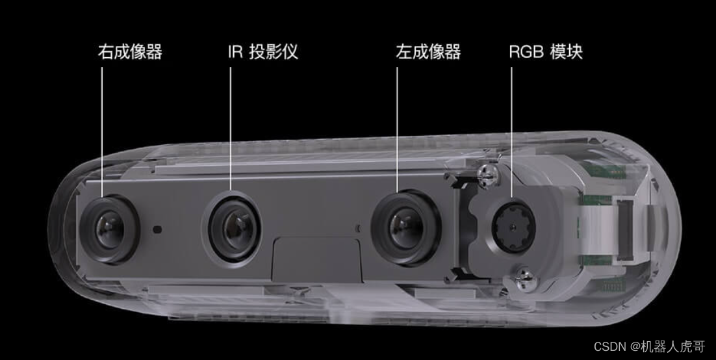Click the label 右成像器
pos(130,52)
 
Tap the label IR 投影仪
pos(262,52)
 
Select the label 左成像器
pos(428,52)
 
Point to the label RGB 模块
pos(546,52)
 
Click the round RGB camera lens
pos(513,228)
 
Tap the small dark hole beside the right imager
pos(157,229)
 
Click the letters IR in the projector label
pos(235,52)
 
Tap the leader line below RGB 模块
pos(511,130)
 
